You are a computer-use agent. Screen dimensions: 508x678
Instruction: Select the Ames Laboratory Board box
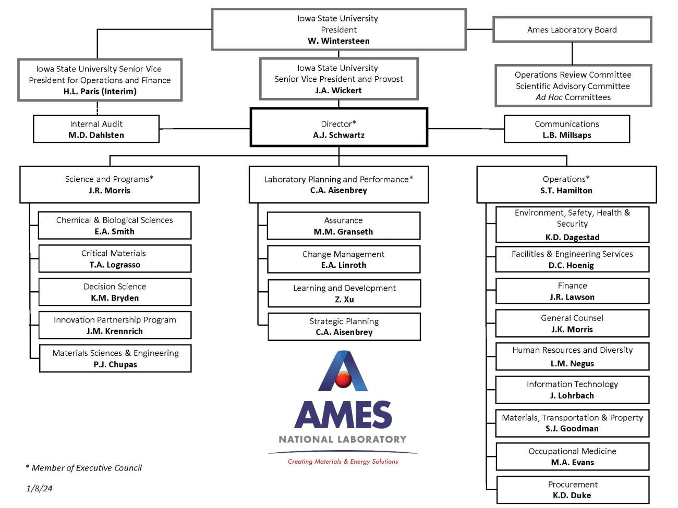572,30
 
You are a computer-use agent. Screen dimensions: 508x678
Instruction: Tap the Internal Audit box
96,129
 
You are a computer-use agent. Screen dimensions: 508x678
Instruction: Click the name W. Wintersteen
338,41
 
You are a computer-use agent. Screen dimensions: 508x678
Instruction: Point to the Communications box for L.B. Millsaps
567,129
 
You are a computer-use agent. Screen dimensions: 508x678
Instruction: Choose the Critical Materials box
115,259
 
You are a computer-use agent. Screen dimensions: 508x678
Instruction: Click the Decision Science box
115,292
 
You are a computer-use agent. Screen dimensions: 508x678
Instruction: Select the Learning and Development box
344,293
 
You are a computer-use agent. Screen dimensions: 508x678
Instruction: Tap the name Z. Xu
344,300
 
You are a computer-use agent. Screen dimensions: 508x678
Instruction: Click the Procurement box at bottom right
573,490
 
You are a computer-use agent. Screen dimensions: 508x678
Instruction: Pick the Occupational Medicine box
573,456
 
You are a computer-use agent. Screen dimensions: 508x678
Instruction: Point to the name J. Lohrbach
572,396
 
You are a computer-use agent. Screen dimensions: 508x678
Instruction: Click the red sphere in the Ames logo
343,379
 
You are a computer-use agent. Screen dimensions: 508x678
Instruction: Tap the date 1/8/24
39,488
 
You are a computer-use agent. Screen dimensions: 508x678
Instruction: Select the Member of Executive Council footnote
83,468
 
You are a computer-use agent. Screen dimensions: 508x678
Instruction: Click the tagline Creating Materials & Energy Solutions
343,462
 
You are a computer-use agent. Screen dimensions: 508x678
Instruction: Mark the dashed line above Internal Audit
97,108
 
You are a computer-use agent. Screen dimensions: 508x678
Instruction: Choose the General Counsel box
572,324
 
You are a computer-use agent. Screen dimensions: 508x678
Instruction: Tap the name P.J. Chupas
115,365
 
